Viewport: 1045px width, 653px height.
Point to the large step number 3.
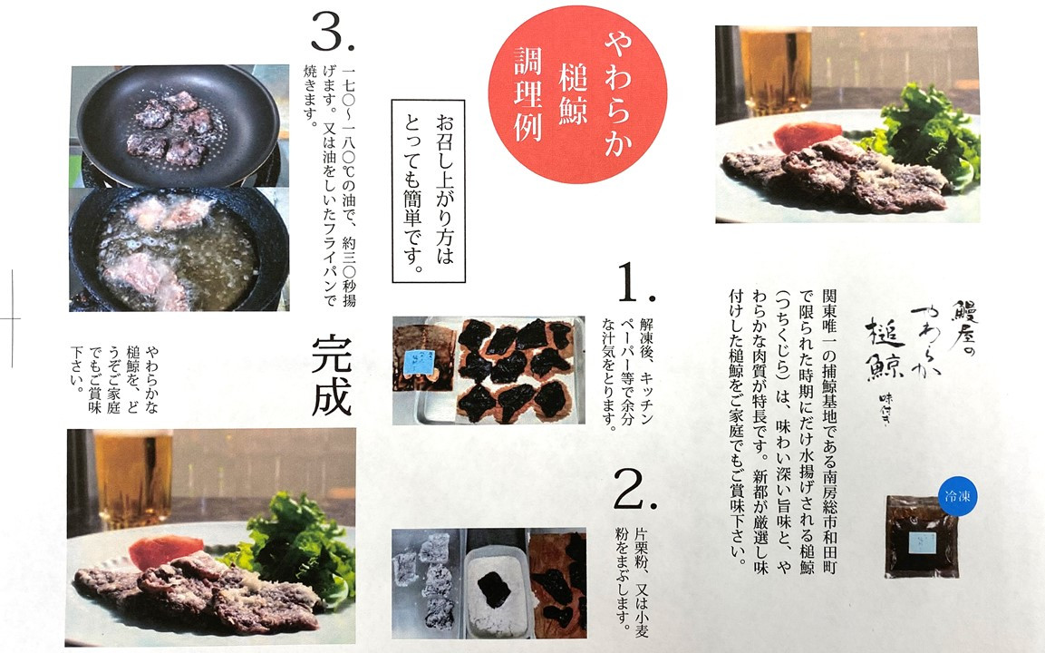(x=333, y=34)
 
